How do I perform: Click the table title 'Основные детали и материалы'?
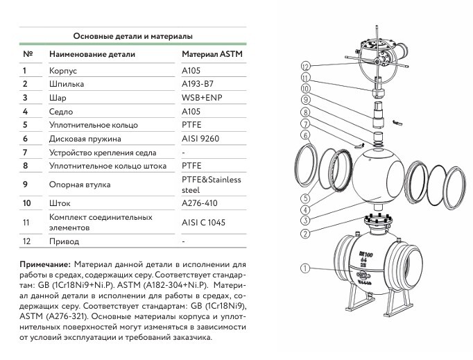[132, 35]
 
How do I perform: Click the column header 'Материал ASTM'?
[212, 54]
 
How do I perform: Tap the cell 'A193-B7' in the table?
[198, 84]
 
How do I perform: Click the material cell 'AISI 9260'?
[200, 138]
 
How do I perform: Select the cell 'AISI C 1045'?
[203, 222]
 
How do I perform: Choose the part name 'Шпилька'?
[67, 84]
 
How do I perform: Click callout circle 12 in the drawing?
[305, 67]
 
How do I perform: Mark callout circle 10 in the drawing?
[305, 89]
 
